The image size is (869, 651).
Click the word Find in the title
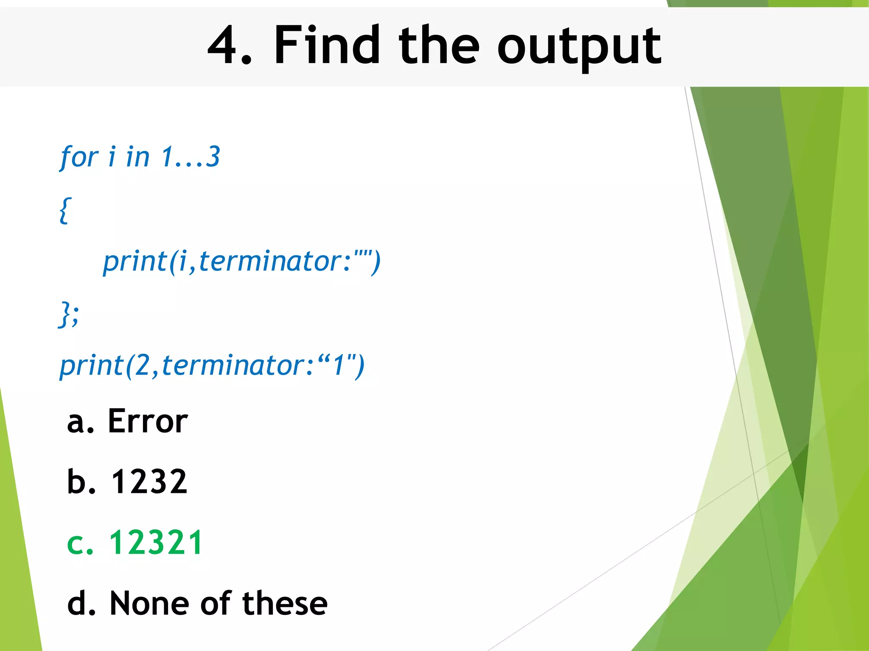pos(327,45)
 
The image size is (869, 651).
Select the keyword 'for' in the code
pos(79,157)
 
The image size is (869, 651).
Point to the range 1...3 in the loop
pos(191,157)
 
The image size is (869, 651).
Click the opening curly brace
pos(64,210)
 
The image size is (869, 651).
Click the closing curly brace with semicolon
pos(68,314)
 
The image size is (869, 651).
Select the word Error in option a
pos(148,421)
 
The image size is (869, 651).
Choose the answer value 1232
pos(149,482)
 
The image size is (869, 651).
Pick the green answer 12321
pos(156,542)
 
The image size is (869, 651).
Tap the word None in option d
pos(149,603)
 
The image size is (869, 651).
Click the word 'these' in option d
pos(285,603)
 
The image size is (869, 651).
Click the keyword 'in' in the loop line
pos(137,157)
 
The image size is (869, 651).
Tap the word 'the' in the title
pos(439,45)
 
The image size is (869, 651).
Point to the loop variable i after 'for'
pos(112,157)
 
